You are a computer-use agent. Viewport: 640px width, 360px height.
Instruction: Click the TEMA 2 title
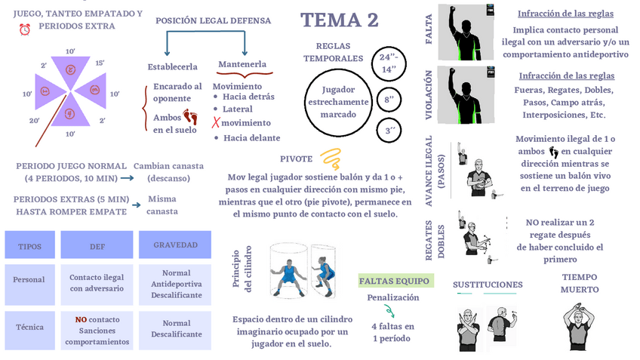339,20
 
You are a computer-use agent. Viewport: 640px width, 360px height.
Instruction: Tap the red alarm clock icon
25,28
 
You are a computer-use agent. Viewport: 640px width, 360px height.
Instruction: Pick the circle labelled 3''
391,130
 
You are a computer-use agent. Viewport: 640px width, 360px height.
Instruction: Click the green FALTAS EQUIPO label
395,282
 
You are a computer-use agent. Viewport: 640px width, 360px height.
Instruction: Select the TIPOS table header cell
29,245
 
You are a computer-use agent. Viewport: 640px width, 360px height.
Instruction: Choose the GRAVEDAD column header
176,245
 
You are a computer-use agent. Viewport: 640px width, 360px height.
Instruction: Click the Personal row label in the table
29,279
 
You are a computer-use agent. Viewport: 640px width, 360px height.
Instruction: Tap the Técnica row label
29,328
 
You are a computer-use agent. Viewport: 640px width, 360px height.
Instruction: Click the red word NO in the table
81,319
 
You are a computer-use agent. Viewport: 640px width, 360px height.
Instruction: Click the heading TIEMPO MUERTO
580,283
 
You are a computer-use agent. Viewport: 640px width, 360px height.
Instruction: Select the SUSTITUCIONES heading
488,285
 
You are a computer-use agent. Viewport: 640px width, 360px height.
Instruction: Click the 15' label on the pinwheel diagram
100,63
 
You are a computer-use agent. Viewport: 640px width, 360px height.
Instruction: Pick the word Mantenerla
242,65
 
